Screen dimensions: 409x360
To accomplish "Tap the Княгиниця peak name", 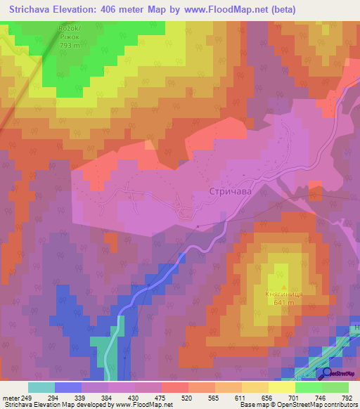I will coord(283,294).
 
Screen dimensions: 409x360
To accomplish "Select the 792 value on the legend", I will coord(347,397).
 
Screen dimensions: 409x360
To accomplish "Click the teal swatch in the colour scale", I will coord(41,387).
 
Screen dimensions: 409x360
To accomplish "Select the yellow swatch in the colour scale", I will coord(281,387).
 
